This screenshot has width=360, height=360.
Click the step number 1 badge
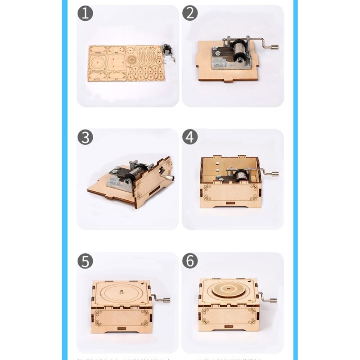85,13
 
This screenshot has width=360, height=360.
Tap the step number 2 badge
190,13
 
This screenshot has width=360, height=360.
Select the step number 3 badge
85,137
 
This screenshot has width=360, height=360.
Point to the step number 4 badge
190,137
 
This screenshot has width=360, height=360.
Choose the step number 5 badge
85,261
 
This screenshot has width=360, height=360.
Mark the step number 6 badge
190,261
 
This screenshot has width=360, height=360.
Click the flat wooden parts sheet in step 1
126,63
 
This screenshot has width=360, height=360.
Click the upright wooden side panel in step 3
153,182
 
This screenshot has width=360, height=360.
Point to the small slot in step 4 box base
230,204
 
